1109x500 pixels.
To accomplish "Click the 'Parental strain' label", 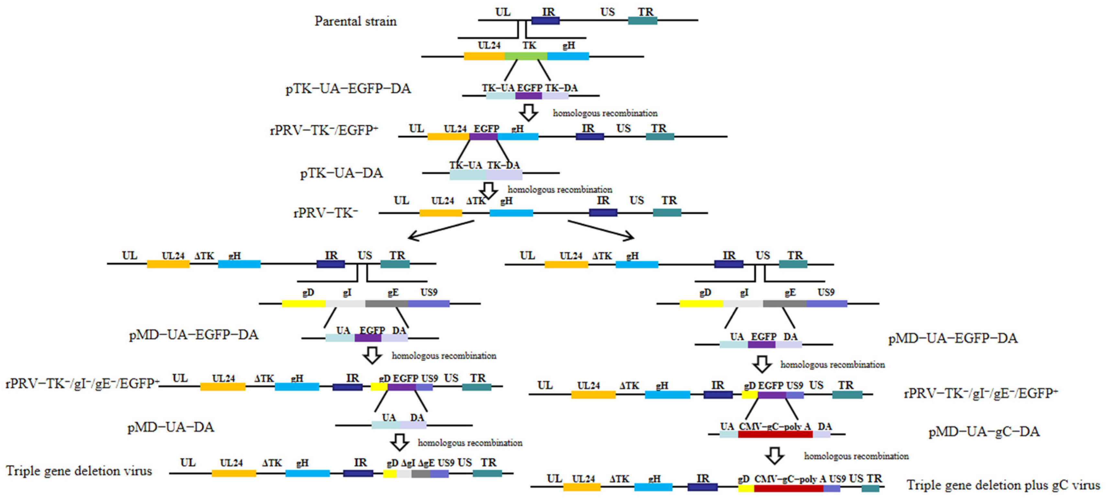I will pyautogui.click(x=355, y=21).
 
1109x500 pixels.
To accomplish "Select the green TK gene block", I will pyautogui.click(x=525, y=56).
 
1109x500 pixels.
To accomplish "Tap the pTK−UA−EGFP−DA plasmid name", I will pyautogui.click(x=348, y=89).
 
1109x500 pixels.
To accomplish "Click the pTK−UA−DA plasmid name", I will pyautogui.click(x=341, y=173).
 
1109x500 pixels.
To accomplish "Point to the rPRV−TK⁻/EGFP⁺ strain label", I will pyautogui.click(x=324, y=130).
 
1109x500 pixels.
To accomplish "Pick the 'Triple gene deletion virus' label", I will pyautogui.click(x=79, y=471).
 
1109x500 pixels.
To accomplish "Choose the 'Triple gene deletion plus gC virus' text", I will pyautogui.click(x=1003, y=485).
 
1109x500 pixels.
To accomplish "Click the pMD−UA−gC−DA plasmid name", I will pyautogui.click(x=984, y=432).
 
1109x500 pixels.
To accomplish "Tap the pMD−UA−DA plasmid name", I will pyautogui.click(x=171, y=427).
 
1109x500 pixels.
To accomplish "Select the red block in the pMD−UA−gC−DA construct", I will pyautogui.click(x=775, y=434).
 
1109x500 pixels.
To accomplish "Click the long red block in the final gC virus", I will pyautogui.click(x=788, y=488).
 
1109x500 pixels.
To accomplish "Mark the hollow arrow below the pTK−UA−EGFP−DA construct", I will pyautogui.click(x=529, y=112).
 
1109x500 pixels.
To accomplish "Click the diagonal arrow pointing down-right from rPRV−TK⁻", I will pyautogui.click(x=601, y=229).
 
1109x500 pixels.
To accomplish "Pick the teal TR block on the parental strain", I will pyautogui.click(x=642, y=21).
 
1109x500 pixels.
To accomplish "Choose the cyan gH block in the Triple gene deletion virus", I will pyautogui.click(x=307, y=473).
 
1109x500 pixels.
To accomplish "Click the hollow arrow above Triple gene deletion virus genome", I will pyautogui.click(x=400, y=442).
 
